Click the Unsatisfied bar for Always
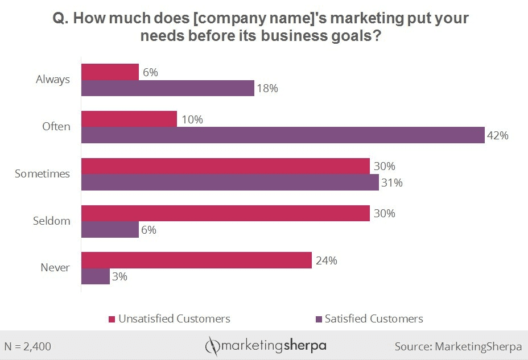[110, 72]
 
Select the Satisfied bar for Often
[283, 135]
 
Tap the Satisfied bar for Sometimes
[230, 183]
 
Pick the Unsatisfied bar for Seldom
[225, 213]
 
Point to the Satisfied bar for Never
[95, 276]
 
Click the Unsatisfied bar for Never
[196, 260]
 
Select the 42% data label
[497, 136]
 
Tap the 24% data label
[326, 260]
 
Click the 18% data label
[266, 89]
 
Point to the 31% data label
[391, 183]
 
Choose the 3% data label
[119, 277]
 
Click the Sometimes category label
[42, 173]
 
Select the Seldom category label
[51, 221]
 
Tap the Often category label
[56, 126]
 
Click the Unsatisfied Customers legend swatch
[112, 319]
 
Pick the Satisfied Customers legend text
[374, 318]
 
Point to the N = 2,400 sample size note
[28, 346]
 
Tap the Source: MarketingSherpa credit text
[458, 346]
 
